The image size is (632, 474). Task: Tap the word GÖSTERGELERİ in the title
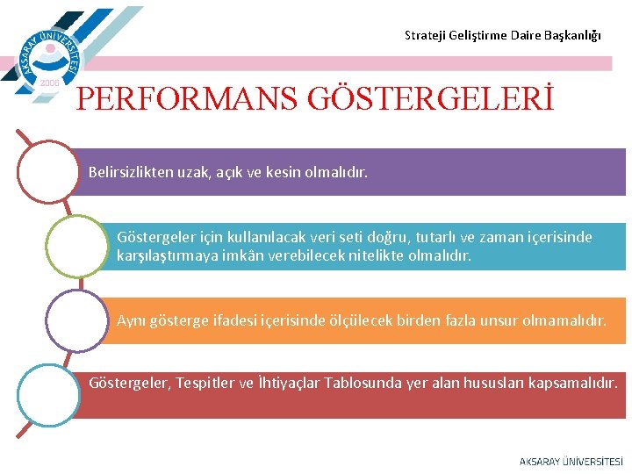(x=431, y=98)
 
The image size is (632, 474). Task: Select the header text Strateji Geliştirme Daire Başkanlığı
(x=502, y=36)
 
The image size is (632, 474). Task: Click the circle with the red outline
(x=48, y=172)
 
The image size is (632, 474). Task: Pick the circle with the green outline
(x=76, y=246)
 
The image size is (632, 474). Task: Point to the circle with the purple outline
(x=76, y=320)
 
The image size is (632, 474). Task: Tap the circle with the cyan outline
(x=48, y=394)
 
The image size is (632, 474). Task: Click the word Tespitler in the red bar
(x=205, y=384)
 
